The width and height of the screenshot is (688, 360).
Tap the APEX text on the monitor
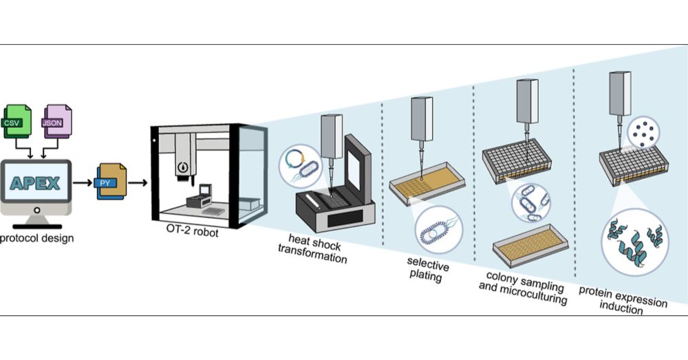34,182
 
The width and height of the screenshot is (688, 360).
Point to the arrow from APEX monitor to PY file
83,183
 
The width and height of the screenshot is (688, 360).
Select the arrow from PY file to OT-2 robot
138,183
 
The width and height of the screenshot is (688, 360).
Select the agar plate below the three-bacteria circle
530,244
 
